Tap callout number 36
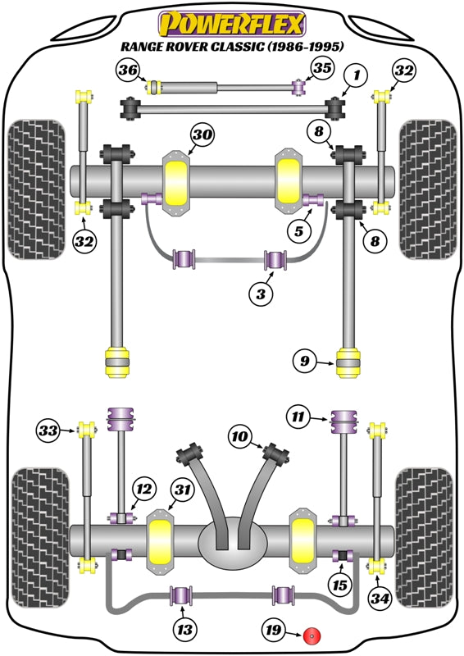127,71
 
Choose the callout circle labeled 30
202,134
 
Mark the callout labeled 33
48,429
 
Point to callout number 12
143,490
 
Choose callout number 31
182,490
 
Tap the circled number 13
184,630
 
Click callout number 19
273,630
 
